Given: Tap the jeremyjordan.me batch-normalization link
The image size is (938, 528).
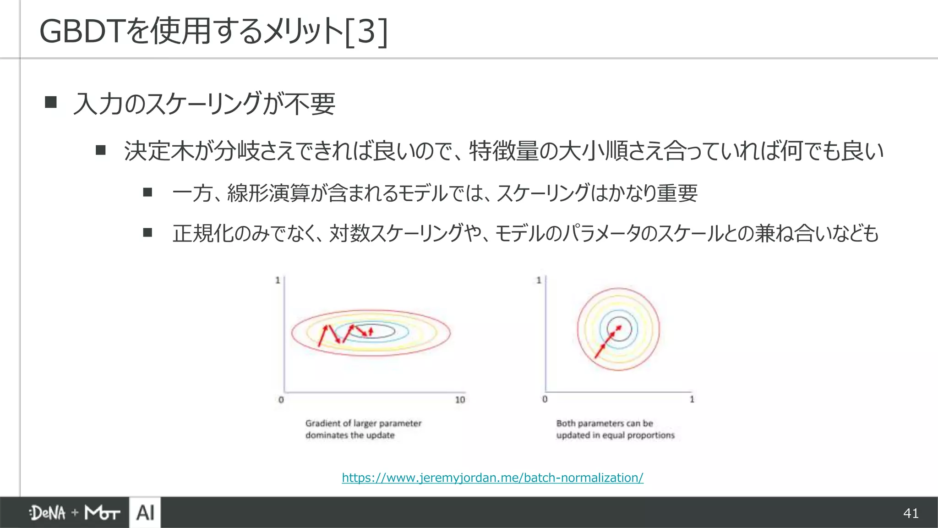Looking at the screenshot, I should click(492, 478).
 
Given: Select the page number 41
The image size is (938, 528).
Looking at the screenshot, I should click(911, 513).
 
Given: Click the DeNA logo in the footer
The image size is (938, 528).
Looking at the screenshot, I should click(48, 513).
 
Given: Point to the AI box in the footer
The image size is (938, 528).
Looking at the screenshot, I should click(145, 512).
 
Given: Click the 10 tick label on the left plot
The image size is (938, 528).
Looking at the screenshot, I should click(460, 400).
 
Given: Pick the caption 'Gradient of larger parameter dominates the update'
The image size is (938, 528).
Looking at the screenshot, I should click(363, 429).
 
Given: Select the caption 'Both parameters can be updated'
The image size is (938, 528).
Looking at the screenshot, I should click(615, 429).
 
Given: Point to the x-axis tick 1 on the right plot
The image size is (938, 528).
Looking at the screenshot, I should click(692, 399).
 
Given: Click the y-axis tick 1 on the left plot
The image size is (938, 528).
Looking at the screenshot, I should click(278, 280).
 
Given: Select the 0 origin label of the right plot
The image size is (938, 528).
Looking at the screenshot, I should click(545, 399).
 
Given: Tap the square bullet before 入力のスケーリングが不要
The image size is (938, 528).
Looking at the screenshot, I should click(51, 102).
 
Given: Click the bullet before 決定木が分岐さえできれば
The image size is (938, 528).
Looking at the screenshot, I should click(101, 150).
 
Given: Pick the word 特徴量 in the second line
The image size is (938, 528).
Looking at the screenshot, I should click(504, 151).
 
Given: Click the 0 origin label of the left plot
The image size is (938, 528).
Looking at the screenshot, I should click(281, 400).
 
